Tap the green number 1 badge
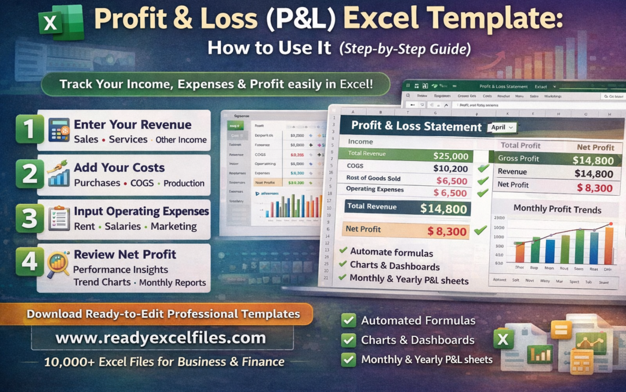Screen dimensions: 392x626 point(29,129)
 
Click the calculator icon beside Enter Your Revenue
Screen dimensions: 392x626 point(59,130)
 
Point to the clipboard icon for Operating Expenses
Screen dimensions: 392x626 point(59,218)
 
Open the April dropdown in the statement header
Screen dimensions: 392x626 point(502,127)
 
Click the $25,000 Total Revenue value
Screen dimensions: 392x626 point(450,156)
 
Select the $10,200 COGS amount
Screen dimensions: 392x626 point(450,168)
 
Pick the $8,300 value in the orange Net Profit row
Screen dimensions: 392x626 point(447,232)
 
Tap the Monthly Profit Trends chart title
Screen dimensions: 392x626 point(557,209)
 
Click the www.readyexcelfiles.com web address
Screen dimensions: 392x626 point(161,338)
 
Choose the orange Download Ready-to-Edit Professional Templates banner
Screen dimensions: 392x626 point(163,314)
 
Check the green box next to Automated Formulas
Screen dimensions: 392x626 point(348,321)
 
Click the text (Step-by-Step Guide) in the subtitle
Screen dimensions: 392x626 point(405,49)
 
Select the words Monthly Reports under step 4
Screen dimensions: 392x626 point(173,283)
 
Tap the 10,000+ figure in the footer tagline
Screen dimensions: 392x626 point(64,362)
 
